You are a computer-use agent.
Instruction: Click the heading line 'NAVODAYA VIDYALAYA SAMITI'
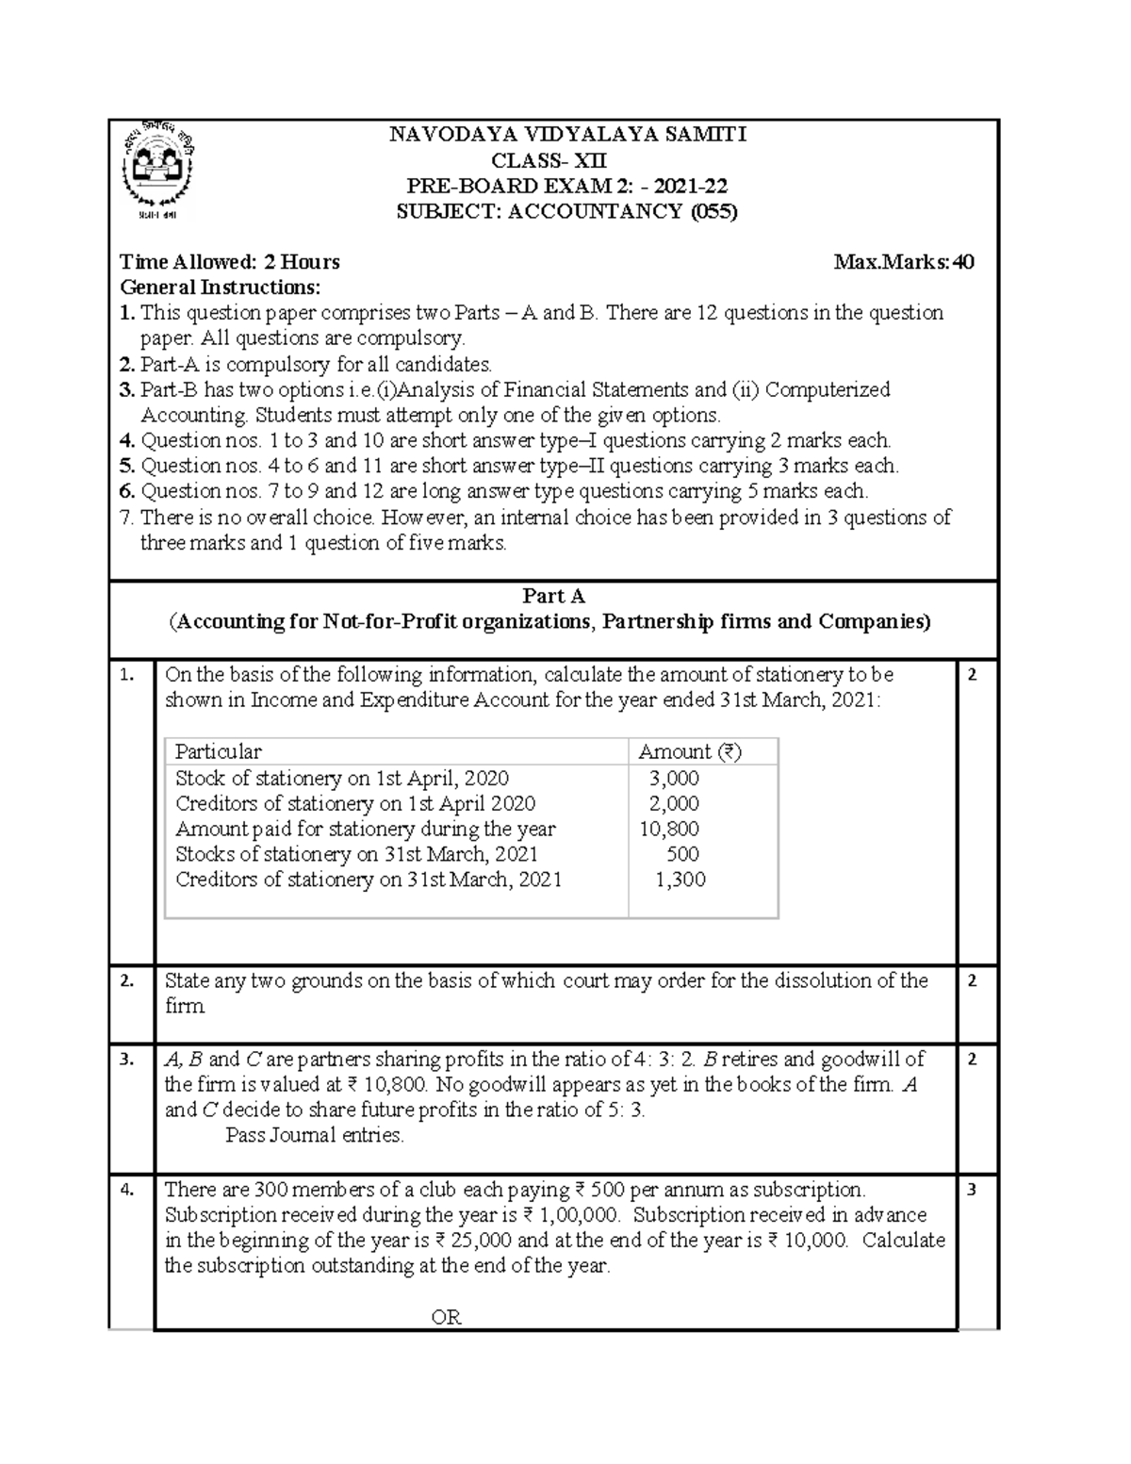[x=567, y=135]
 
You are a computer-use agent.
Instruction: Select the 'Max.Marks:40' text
[x=904, y=262]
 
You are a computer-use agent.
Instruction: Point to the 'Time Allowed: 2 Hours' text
[x=229, y=262]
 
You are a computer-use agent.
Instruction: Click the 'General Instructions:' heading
[x=220, y=288]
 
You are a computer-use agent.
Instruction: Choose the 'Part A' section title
[x=553, y=596]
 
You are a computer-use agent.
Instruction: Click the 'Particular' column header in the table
[x=218, y=751]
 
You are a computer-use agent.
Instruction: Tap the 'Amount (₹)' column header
[x=690, y=751]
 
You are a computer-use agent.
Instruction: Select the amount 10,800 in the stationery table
[x=668, y=829]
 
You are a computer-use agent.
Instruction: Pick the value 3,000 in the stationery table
[x=673, y=778]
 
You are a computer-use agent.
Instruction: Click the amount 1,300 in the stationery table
[x=680, y=880]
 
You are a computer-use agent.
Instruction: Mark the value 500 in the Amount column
[x=682, y=854]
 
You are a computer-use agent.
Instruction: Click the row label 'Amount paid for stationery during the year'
[x=365, y=829]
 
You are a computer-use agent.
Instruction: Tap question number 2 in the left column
[x=126, y=980]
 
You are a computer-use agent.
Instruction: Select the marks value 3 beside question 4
[x=973, y=1190]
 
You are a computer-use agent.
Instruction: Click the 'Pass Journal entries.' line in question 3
[x=315, y=1135]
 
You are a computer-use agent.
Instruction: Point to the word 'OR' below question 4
[x=446, y=1317]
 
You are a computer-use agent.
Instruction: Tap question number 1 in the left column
[x=126, y=675]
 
